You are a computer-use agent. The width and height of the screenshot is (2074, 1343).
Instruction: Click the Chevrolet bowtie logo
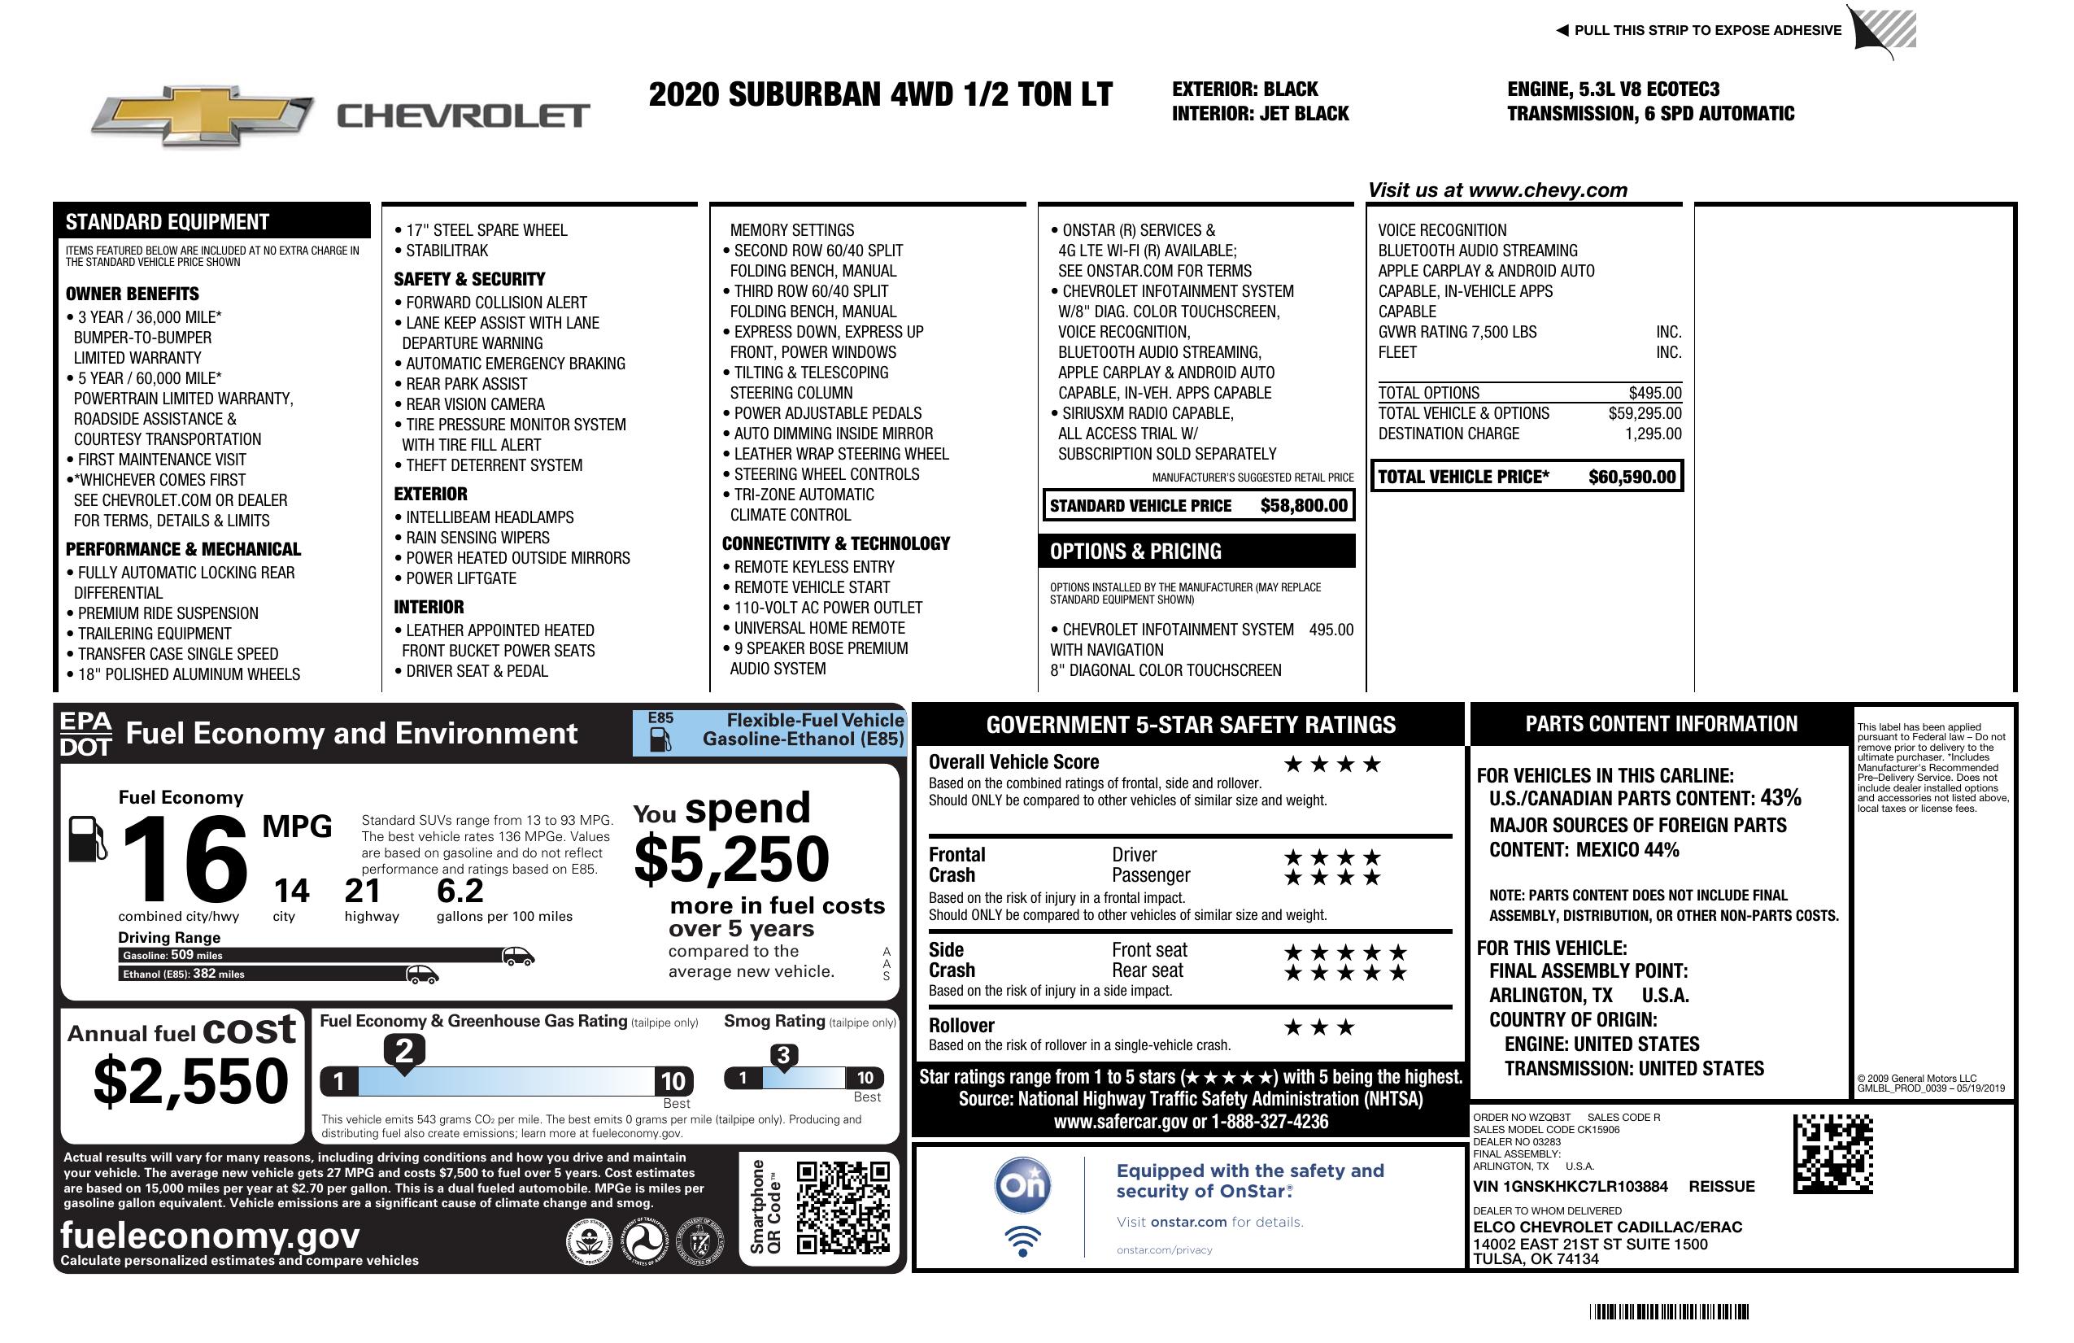coord(203,116)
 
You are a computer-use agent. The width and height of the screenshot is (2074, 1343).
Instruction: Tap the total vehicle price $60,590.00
coord(1632,477)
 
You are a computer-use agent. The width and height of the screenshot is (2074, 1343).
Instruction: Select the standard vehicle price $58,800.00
coord(1304,505)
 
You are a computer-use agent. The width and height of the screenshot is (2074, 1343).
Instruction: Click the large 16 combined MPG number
coord(185,859)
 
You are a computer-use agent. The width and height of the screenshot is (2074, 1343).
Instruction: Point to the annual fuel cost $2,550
coord(190,1081)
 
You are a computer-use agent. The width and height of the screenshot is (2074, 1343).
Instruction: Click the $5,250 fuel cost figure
coord(731,859)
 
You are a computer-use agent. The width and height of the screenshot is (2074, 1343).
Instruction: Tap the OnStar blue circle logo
coord(1022,1185)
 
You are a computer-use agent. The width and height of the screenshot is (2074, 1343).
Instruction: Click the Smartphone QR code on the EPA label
coord(842,1207)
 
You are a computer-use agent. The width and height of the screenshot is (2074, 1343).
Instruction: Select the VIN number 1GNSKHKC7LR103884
coord(1570,1186)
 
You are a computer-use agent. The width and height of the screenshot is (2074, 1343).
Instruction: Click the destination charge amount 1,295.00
coord(1653,434)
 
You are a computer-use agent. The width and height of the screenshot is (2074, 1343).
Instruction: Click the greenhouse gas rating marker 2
coord(404,1051)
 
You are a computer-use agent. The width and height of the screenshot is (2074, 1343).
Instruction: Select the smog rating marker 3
coord(782,1055)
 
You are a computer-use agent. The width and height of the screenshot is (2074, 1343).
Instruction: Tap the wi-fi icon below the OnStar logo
coord(1022,1241)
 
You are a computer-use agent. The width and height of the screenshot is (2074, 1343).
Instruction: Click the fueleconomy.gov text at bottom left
coord(209,1236)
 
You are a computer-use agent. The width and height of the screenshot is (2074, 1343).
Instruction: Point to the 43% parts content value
coord(1780,797)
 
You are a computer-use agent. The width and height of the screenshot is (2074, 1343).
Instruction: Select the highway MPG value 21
coord(362,891)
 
